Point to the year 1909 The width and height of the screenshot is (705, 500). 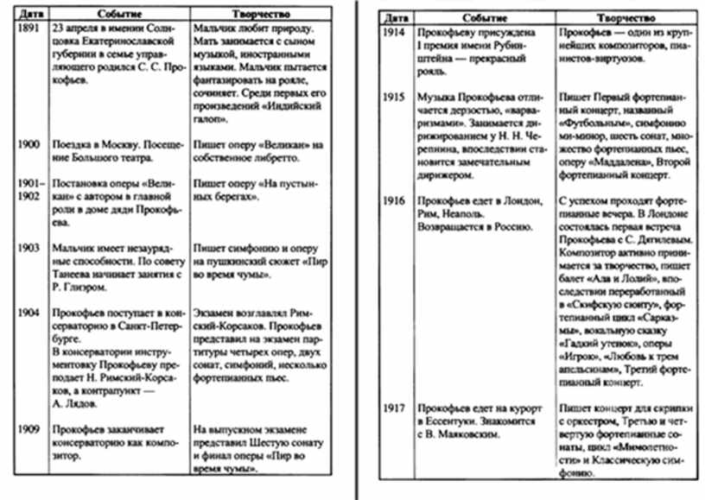28,429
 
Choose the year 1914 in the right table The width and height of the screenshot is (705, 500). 395,33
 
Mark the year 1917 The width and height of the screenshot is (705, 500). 395,406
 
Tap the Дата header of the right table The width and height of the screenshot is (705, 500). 395,18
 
